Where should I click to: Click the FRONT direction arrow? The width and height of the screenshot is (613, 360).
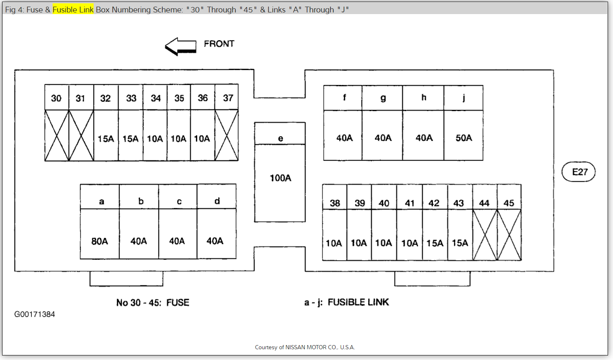[181, 46]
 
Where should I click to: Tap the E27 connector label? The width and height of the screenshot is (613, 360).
[579, 172]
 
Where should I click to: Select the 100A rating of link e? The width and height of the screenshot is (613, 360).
[280, 178]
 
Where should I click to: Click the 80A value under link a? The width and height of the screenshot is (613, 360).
[99, 241]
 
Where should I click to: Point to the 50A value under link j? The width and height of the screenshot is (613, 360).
[463, 138]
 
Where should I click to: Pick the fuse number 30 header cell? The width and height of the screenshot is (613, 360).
[56, 98]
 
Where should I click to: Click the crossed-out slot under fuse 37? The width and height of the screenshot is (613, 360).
[227, 135]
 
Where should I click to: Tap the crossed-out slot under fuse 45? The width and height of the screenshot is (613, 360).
[509, 235]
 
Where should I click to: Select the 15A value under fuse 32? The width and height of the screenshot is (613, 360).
[106, 139]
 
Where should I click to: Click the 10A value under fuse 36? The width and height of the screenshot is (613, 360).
[202, 139]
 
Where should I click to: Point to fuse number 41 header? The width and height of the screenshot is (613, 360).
[410, 203]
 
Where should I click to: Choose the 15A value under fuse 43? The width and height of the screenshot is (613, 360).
[460, 243]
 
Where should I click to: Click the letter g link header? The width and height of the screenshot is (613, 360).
[383, 98]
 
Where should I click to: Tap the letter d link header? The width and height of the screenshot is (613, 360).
[217, 201]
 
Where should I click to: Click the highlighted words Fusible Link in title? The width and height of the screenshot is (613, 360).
[73, 10]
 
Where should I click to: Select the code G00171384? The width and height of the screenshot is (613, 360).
[34, 314]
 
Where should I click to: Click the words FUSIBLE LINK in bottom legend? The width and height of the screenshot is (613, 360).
[358, 302]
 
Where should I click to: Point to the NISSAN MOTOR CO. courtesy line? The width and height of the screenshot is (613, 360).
[305, 347]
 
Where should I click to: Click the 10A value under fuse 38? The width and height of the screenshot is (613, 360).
[334, 243]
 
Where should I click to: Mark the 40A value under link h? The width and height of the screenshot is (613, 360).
[424, 138]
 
